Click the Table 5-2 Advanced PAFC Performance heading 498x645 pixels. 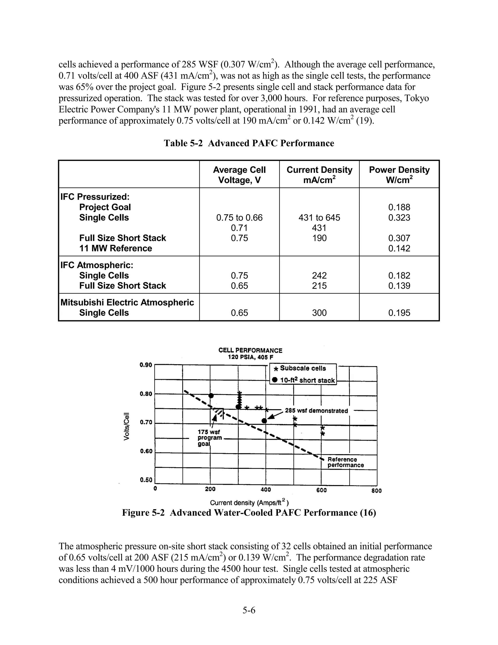point(249,143)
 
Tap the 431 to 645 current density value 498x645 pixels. point(319,218)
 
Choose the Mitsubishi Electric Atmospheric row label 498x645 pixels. point(127,302)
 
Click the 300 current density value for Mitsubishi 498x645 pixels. point(319,313)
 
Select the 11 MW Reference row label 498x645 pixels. point(115,248)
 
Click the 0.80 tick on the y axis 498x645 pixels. point(145,394)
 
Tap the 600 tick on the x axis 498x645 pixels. point(321,490)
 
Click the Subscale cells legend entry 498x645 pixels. point(303,368)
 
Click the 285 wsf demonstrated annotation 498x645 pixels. point(316,411)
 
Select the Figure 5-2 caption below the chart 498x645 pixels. point(249,513)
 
